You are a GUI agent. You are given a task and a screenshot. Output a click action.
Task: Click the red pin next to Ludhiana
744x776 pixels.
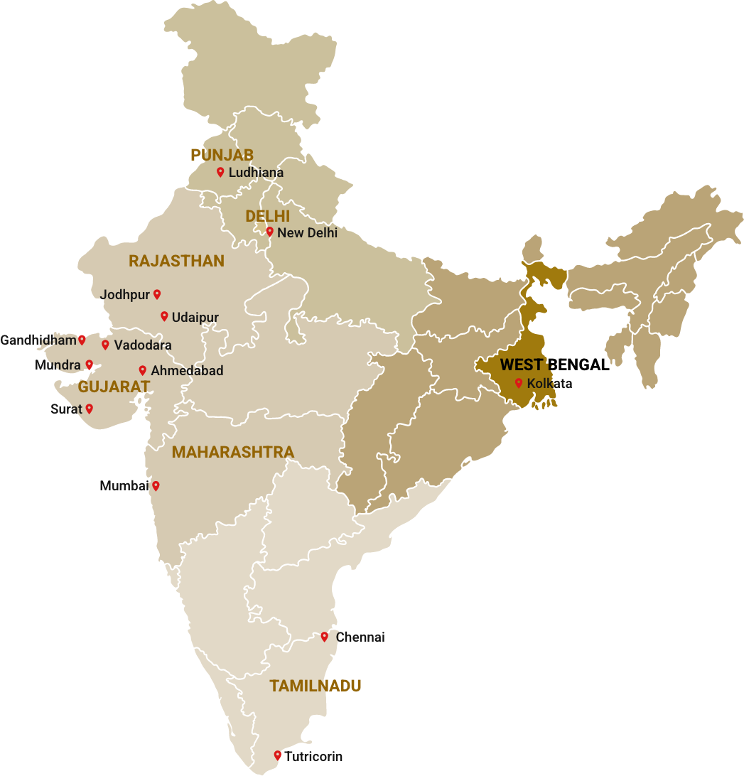click(x=220, y=172)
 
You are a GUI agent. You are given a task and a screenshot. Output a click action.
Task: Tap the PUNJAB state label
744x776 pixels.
click(x=222, y=155)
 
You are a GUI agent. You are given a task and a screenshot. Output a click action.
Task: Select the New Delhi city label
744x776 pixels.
click(x=307, y=232)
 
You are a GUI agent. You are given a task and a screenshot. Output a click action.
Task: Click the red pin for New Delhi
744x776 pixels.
click(x=269, y=231)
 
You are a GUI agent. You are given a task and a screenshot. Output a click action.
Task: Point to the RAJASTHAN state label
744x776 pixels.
click(x=176, y=262)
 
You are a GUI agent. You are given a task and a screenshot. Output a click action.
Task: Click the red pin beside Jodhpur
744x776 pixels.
click(x=157, y=293)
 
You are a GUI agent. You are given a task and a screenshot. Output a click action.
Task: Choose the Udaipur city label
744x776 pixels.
click(x=195, y=317)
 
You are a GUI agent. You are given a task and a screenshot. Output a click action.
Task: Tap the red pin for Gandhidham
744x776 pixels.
click(x=82, y=340)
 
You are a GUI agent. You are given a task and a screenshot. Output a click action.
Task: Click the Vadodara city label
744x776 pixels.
click(x=142, y=345)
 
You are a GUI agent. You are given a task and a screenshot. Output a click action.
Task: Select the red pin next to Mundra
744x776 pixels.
click(x=90, y=365)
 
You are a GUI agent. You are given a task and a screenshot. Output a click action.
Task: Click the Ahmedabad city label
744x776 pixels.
click(x=187, y=371)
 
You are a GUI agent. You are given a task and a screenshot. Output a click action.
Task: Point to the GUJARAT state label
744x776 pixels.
click(x=114, y=387)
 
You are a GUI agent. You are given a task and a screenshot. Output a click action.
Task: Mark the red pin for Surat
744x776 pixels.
click(x=90, y=409)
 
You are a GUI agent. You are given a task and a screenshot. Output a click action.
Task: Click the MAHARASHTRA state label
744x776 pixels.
click(x=232, y=453)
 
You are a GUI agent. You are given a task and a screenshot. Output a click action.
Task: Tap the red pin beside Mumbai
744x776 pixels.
click(x=156, y=486)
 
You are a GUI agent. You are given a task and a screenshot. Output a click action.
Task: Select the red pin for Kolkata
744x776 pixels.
click(x=519, y=383)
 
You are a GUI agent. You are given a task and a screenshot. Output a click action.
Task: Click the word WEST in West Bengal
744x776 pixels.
click(x=521, y=365)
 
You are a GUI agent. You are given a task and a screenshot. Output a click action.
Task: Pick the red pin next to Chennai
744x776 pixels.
click(x=325, y=637)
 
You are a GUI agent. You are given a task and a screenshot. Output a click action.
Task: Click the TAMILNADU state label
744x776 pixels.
click(x=315, y=686)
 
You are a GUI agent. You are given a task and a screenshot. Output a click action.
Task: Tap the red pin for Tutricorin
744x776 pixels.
click(x=278, y=755)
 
